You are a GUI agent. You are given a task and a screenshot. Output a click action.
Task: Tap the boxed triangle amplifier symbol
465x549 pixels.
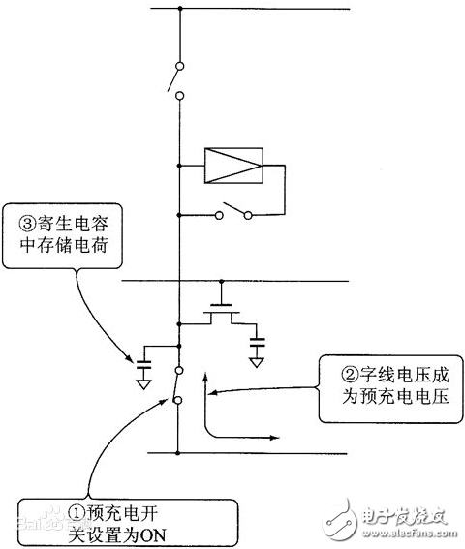tap(233, 166)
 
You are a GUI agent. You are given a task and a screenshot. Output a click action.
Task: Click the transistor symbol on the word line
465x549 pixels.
tap(225, 315)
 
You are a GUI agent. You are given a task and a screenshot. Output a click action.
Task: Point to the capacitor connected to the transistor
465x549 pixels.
tap(258, 342)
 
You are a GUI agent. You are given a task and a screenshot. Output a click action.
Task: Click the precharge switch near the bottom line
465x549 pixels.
tap(177, 387)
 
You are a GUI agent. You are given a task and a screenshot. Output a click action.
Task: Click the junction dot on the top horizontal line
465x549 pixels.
tap(179, 10)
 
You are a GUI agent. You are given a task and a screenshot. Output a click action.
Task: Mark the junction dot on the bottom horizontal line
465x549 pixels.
tap(179, 452)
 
